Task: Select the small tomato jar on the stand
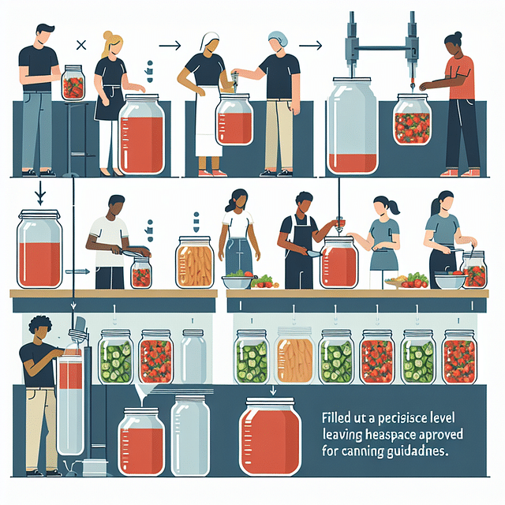pos(73,82)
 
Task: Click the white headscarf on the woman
pos(210,41)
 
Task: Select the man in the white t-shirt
pos(109,241)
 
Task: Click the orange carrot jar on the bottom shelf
pos(295,357)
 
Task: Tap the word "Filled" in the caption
pos(338,416)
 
